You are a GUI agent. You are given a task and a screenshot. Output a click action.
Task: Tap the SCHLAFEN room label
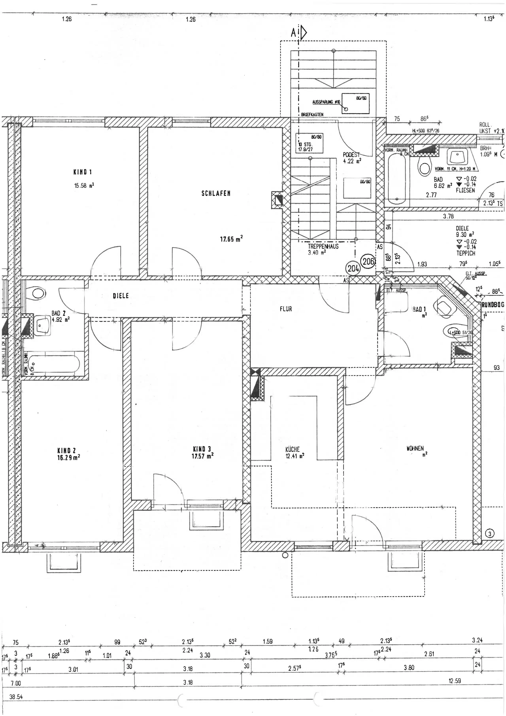click(216, 193)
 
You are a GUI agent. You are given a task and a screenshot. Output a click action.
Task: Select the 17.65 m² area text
click(231, 239)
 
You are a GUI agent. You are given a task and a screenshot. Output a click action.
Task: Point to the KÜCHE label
click(292, 449)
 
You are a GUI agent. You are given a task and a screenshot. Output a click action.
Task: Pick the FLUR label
click(286, 309)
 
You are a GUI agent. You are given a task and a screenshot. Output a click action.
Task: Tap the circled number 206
click(368, 261)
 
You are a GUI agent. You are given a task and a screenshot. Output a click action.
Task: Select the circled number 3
click(489, 534)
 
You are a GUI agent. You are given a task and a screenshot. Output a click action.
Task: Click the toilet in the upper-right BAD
click(424, 167)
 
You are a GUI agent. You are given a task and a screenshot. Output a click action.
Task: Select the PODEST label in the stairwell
click(351, 155)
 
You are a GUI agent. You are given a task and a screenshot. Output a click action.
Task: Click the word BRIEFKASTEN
click(312, 115)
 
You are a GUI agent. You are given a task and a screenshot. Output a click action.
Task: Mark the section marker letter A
click(293, 33)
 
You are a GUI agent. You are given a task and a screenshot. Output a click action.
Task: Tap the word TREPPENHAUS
click(323, 246)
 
